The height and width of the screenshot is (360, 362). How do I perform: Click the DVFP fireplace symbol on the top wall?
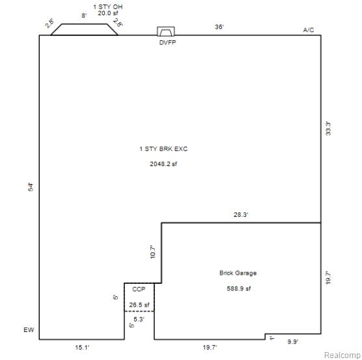pyautogui.click(x=166, y=31)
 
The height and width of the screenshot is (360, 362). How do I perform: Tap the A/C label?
pyautogui.click(x=309, y=30)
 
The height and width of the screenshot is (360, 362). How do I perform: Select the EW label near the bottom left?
pyautogui.click(x=29, y=330)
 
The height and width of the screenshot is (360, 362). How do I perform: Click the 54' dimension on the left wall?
pyautogui.click(x=31, y=187)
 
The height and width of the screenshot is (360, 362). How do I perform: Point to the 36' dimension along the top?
pyautogui.click(x=219, y=27)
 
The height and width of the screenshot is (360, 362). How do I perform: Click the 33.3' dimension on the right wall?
pyautogui.click(x=328, y=128)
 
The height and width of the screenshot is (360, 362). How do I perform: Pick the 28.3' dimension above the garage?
pyautogui.click(x=241, y=215)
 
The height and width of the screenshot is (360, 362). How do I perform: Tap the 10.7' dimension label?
pyautogui.click(x=153, y=252)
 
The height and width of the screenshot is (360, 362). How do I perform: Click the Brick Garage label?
pyautogui.click(x=238, y=273)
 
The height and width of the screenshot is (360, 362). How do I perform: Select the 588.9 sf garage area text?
pyautogui.click(x=239, y=288)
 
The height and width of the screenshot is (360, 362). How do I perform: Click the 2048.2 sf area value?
pyautogui.click(x=163, y=164)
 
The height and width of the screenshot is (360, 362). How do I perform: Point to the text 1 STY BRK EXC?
pyautogui.click(x=163, y=149)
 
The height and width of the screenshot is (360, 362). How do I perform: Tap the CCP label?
pyautogui.click(x=139, y=289)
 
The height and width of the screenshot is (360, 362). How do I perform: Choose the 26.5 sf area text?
pyautogui.click(x=139, y=305)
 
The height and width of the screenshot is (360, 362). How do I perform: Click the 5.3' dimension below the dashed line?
pyautogui.click(x=139, y=320)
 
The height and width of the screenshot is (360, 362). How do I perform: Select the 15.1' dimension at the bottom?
pyautogui.click(x=82, y=348)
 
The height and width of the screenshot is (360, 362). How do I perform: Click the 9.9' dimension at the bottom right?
pyautogui.click(x=293, y=342)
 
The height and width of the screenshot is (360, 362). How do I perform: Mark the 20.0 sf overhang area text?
pyautogui.click(x=108, y=13)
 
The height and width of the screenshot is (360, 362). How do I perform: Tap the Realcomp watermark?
pyautogui.click(x=342, y=355)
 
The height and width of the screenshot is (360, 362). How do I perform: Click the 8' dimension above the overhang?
pyautogui.click(x=84, y=16)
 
